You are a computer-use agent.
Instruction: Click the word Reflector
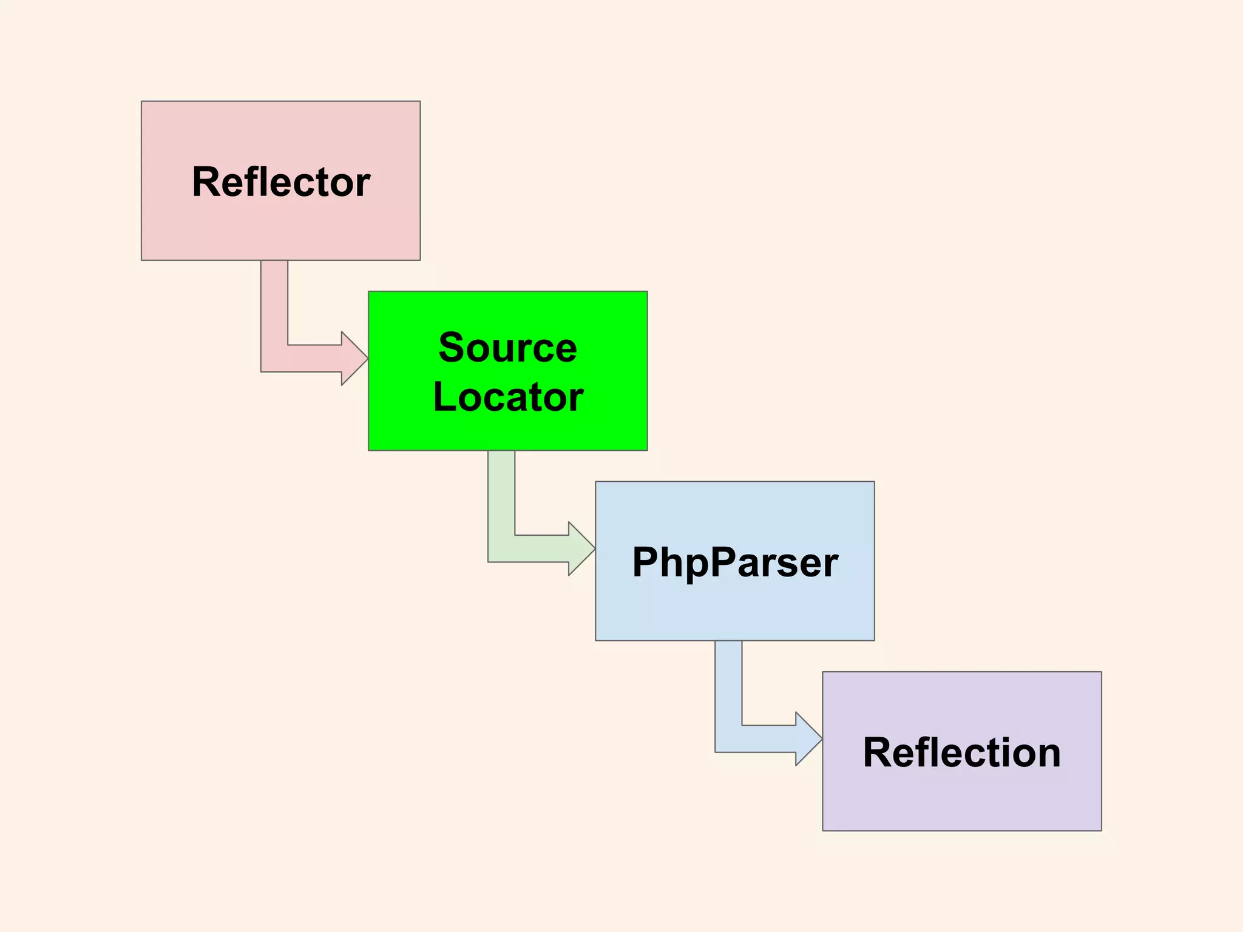[x=281, y=182]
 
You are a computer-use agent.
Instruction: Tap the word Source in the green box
[x=507, y=348]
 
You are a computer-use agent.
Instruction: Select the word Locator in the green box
[x=508, y=397]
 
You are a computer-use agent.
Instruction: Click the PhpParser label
[x=735, y=562]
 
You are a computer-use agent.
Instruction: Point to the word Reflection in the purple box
[x=961, y=753]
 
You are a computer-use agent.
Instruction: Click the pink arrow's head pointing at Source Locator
[x=354, y=358]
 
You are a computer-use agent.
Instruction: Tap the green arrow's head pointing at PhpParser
[x=581, y=549]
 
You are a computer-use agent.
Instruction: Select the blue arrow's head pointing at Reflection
[x=808, y=739]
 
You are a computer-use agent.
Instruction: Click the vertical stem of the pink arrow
[x=274, y=303]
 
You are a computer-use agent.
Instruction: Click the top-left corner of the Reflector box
[x=142, y=102]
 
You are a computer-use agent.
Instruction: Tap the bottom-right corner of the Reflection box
[x=1101, y=830]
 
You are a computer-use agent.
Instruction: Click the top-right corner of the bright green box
[x=647, y=292]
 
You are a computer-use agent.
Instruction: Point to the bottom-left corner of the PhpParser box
[x=596, y=640]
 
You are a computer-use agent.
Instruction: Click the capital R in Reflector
[x=205, y=182]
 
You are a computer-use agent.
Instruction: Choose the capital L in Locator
[x=445, y=397]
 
